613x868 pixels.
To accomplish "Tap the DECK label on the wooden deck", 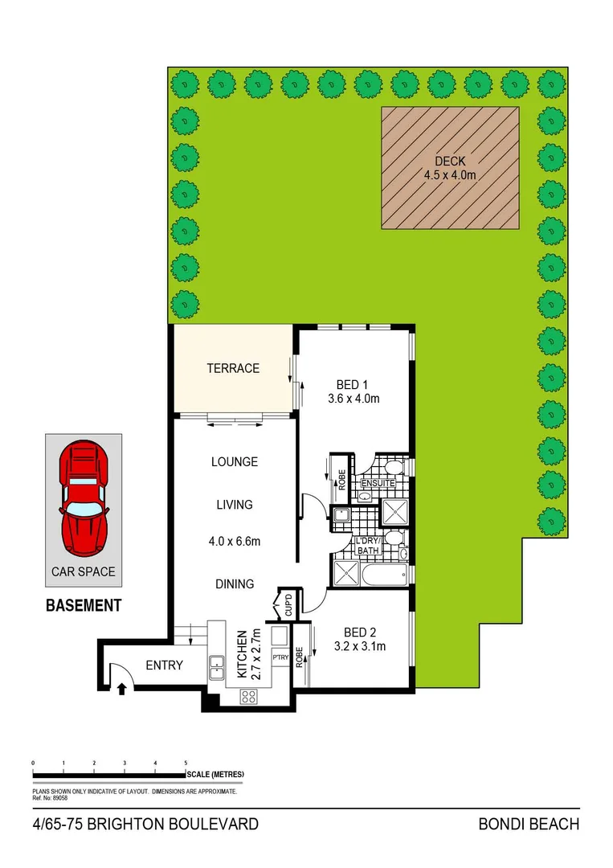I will (450, 162).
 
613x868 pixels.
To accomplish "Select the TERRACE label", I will (233, 368).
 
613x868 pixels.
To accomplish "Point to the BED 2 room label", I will (359, 632).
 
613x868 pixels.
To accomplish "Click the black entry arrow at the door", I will (122, 687).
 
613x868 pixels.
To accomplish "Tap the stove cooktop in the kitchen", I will (249, 698).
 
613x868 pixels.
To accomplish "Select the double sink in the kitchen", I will (217, 664).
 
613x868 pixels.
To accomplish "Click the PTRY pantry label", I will (280, 657).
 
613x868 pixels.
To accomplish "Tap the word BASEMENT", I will (84, 605).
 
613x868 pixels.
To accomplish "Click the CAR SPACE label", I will (84, 572).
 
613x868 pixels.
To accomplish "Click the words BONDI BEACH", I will (529, 825).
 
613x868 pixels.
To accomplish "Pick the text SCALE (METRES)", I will (215, 774).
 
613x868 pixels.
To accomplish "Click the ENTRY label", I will (164, 665).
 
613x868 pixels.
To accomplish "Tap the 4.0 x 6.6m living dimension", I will (233, 542).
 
